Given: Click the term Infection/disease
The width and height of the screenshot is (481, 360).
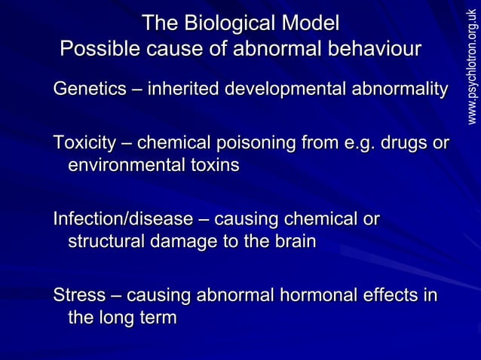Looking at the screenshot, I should pyautogui.click(x=123, y=219).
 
